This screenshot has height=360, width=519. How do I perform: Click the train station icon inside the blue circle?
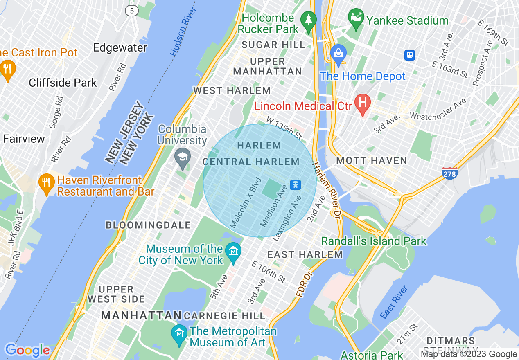(295, 185)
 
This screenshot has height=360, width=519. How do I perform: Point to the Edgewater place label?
(120, 48)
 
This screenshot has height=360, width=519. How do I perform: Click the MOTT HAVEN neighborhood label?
(371, 160)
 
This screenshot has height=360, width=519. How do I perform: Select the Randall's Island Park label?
(374, 241)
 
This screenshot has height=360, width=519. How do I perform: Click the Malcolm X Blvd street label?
(246, 202)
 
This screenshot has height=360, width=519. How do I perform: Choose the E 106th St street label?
(269, 272)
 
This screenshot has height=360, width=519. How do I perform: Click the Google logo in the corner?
(27, 350)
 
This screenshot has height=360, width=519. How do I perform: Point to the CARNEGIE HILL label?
(224, 316)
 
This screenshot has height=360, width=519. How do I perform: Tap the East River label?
(394, 302)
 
